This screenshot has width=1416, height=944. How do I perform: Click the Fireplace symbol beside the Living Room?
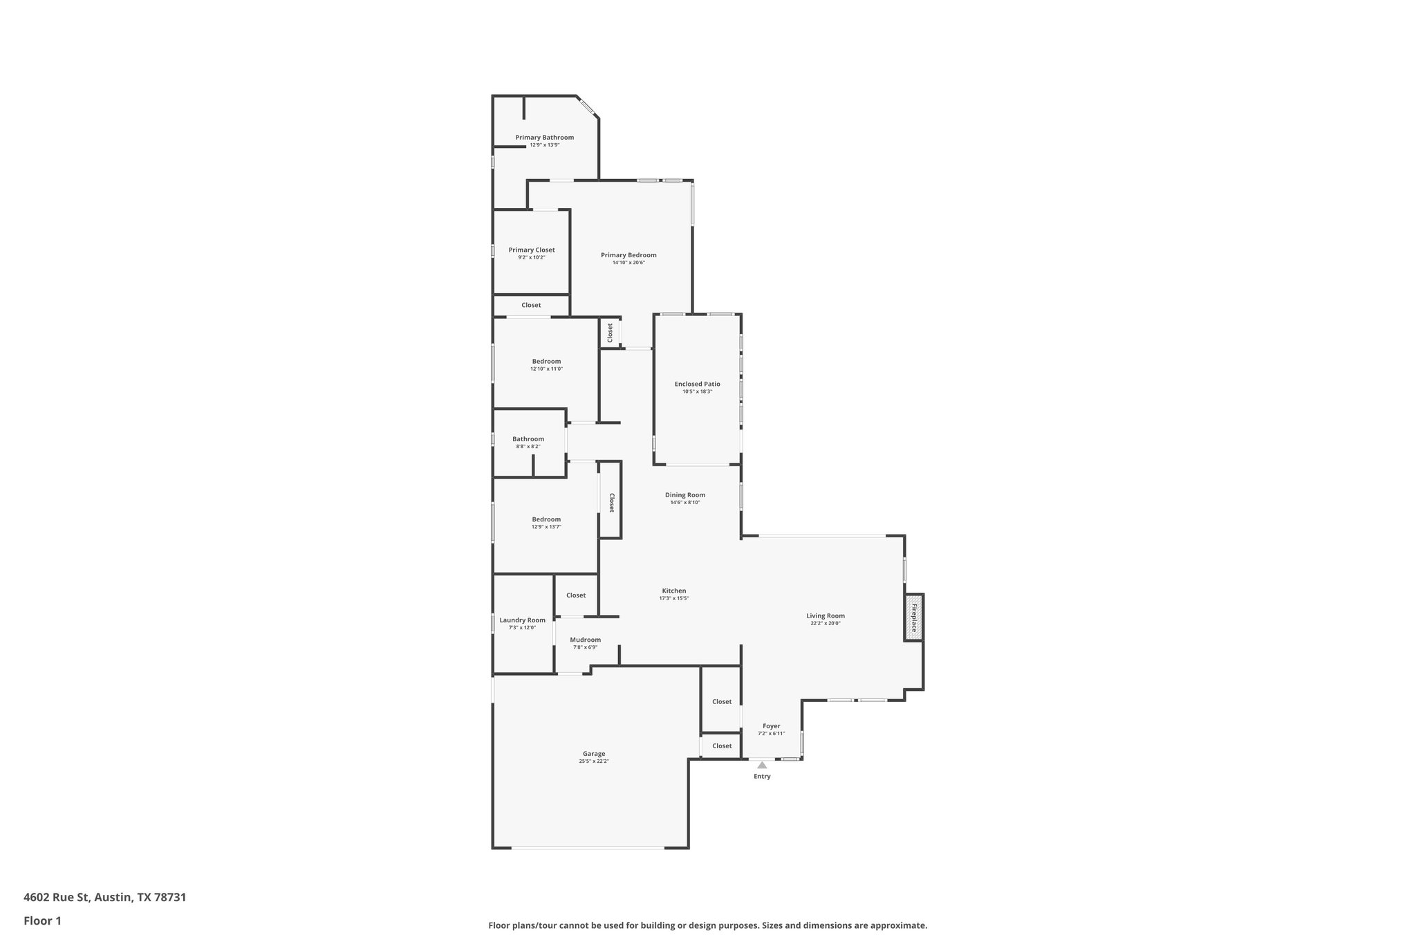[x=913, y=618]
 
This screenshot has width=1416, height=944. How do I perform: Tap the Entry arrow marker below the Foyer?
[x=762, y=765]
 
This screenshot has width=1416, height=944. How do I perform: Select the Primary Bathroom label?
[x=544, y=138]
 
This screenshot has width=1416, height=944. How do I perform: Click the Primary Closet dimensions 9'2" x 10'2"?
[x=532, y=257]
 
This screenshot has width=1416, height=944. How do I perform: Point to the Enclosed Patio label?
[x=697, y=384]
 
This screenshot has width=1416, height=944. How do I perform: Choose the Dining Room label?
[x=685, y=494]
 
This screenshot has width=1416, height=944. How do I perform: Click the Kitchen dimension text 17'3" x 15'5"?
[x=673, y=598]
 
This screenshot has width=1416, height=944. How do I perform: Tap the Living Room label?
[x=826, y=616]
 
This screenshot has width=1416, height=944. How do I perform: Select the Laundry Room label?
[x=522, y=620]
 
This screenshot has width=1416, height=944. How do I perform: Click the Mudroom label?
[x=585, y=640]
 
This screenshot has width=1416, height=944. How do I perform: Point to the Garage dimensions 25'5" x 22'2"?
[x=594, y=761]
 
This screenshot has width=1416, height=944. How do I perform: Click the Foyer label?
[x=771, y=726]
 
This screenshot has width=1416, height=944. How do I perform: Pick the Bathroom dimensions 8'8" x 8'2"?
[x=528, y=447]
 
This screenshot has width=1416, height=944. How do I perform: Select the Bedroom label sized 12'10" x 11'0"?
[x=546, y=361]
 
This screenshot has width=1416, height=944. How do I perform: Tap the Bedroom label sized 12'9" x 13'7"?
[x=546, y=519]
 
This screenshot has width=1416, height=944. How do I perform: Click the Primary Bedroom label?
[x=628, y=255]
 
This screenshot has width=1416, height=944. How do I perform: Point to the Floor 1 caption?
[x=42, y=920]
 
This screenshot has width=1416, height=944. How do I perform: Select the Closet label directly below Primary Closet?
[x=531, y=305]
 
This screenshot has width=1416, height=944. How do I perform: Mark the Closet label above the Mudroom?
[x=576, y=595]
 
